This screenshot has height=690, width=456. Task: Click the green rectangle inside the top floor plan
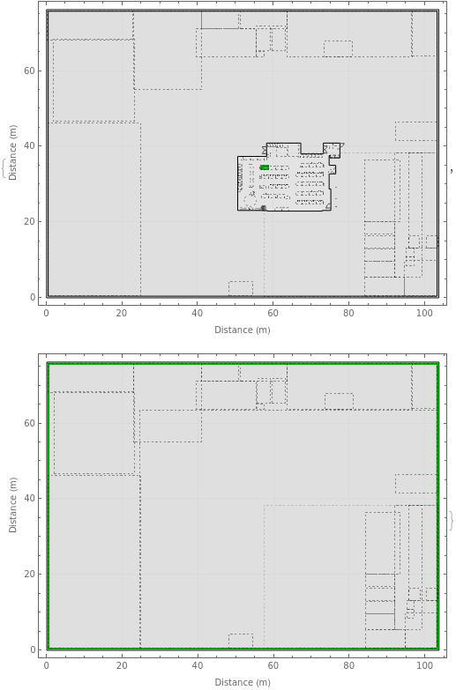(265, 167)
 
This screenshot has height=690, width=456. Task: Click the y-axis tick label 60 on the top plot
(29, 70)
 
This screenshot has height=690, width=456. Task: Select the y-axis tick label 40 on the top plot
(29, 145)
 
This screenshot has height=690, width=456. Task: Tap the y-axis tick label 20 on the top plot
(29, 221)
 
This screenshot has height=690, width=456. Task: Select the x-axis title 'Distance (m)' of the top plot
(243, 330)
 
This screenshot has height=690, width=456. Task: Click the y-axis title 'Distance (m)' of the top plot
(12, 152)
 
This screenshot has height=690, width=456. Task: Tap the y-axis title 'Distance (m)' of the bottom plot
(12, 505)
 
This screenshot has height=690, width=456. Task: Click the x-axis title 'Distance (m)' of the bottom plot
(243, 682)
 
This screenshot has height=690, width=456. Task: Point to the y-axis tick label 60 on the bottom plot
(29, 423)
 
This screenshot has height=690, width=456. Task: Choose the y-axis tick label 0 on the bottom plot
(32, 649)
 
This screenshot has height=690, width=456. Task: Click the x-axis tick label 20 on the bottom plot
(122, 665)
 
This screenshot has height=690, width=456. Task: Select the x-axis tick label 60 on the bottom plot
(273, 665)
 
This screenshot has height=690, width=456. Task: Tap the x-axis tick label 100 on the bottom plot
(425, 665)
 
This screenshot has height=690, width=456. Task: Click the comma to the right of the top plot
(452, 170)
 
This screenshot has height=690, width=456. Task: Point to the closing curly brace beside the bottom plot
(452, 521)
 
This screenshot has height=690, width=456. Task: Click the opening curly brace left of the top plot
(4, 168)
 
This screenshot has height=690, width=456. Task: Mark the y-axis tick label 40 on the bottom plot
(29, 498)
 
